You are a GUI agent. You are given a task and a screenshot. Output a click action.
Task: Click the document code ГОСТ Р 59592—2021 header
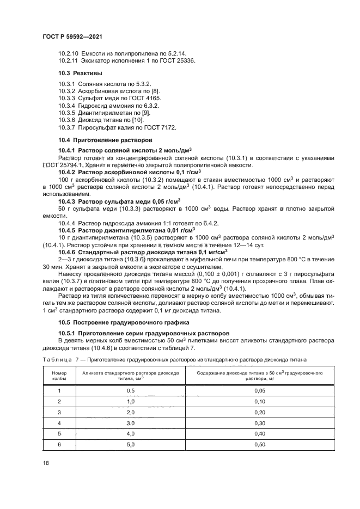pyautogui.click(x=72, y=36)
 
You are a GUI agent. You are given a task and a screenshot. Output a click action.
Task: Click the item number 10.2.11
pyautogui.click(x=69, y=60)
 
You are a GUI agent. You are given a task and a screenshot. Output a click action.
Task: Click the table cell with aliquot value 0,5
pyautogui.click(x=131, y=391)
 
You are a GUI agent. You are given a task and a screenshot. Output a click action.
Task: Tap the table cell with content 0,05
pyautogui.click(x=260, y=391)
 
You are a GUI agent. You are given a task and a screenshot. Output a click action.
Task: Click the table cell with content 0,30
pyautogui.click(x=260, y=423)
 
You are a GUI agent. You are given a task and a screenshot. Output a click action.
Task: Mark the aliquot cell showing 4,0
pyautogui.click(x=131, y=433)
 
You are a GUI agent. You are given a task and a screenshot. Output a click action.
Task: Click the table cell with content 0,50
pyautogui.click(x=260, y=444)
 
